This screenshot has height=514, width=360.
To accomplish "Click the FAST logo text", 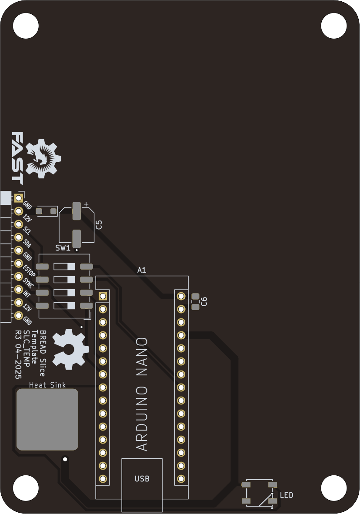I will click(x=17, y=158).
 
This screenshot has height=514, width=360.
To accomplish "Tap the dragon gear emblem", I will click(x=43, y=158).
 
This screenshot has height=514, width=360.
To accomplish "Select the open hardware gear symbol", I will click(x=70, y=349).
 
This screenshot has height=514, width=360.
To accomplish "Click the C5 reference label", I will click(x=99, y=224).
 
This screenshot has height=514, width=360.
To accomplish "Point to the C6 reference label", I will click(x=204, y=301).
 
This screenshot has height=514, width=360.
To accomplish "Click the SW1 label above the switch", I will click(x=63, y=248).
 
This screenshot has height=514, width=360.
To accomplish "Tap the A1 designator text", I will click(x=142, y=270).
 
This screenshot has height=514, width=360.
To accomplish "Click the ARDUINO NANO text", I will click(x=142, y=394).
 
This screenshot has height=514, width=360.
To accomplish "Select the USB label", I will click(x=142, y=479).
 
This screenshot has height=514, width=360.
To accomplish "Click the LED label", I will click(x=287, y=495).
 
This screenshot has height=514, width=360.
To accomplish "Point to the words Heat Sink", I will click(x=47, y=385).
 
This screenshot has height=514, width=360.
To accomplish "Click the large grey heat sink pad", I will click(x=47, y=420).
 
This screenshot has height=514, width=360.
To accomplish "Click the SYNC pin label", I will click(x=29, y=282).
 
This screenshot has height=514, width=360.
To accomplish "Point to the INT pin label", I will click(x=27, y=294).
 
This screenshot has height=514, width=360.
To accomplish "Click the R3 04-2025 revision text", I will click(x=18, y=354).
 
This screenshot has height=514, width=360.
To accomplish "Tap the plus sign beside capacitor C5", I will click(x=86, y=204).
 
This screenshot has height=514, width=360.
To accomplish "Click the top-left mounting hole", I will click(x=26, y=25).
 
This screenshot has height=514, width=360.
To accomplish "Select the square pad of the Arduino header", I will click(x=103, y=296).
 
